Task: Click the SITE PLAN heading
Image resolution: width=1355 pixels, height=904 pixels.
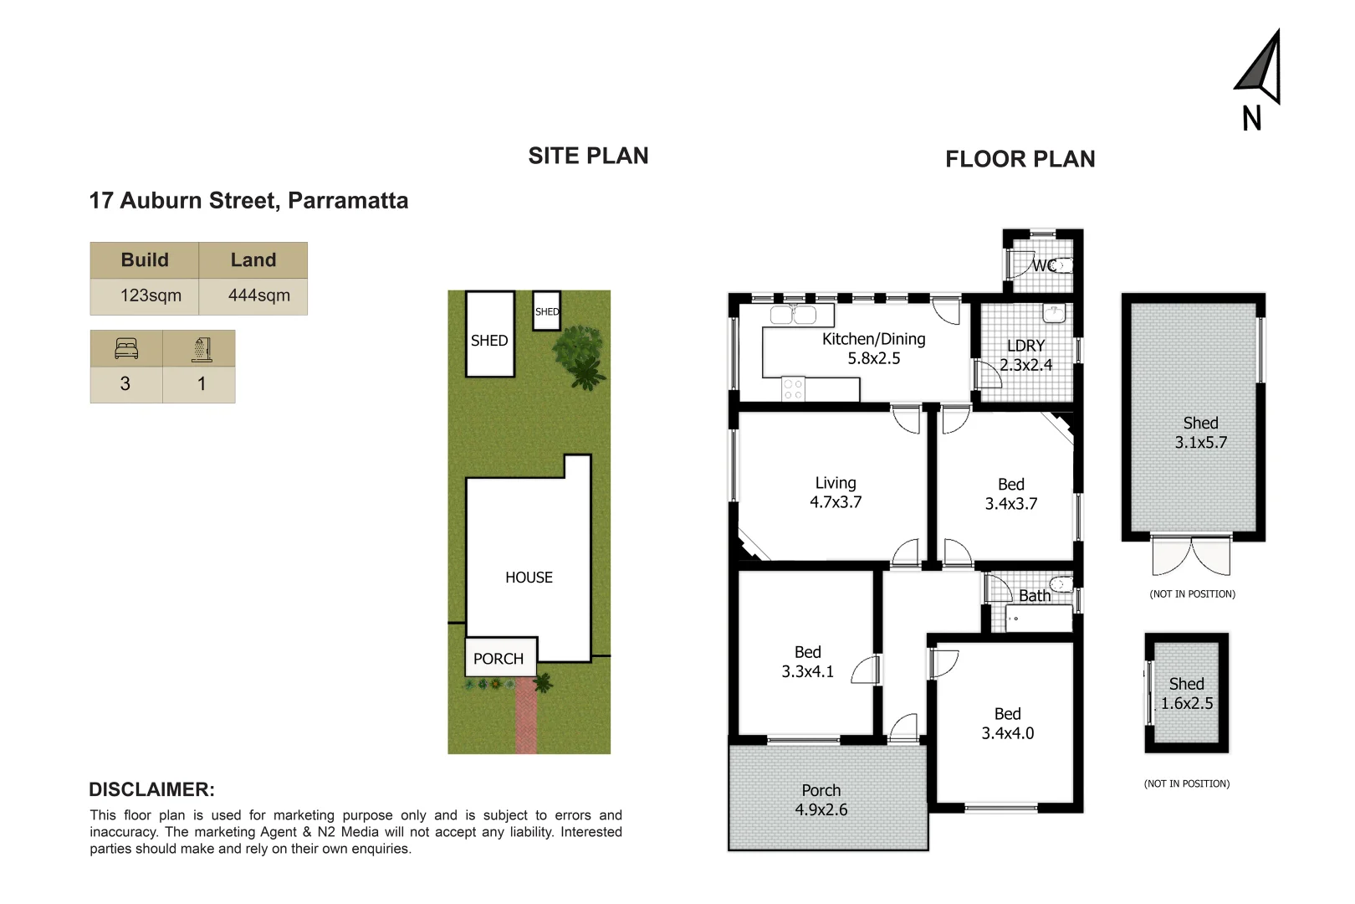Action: [x=588, y=157]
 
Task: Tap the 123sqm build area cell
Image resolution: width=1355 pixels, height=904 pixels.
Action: [x=151, y=295]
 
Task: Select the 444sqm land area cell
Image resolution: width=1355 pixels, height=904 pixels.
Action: [x=258, y=295]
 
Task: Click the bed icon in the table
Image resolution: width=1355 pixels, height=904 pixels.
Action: [x=126, y=348]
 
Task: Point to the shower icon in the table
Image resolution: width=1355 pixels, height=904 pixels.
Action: [x=202, y=348]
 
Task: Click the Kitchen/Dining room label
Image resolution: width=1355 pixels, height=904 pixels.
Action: [x=873, y=348]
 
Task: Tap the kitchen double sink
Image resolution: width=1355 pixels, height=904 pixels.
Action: [x=793, y=316]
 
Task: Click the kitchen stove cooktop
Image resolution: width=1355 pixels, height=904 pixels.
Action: [x=792, y=389]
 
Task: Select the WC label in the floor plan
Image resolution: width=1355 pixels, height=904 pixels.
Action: [x=1043, y=265]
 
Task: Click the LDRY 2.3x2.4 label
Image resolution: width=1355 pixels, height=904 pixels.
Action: [x=1025, y=355]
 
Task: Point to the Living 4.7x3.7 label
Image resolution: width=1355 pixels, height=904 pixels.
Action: [x=835, y=492]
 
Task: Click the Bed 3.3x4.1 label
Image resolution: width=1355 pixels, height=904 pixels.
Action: [x=807, y=661]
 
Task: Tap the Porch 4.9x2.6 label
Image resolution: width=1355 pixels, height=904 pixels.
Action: [x=821, y=799]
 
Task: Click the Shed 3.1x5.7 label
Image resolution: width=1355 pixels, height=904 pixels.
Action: [x=1200, y=433]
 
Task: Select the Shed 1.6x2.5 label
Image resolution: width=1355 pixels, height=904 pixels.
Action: [x=1186, y=694]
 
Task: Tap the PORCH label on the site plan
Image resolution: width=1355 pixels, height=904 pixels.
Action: [x=499, y=659]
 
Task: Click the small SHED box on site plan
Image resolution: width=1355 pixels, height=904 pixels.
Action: [x=547, y=311]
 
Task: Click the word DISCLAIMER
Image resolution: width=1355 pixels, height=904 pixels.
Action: [x=151, y=789]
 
